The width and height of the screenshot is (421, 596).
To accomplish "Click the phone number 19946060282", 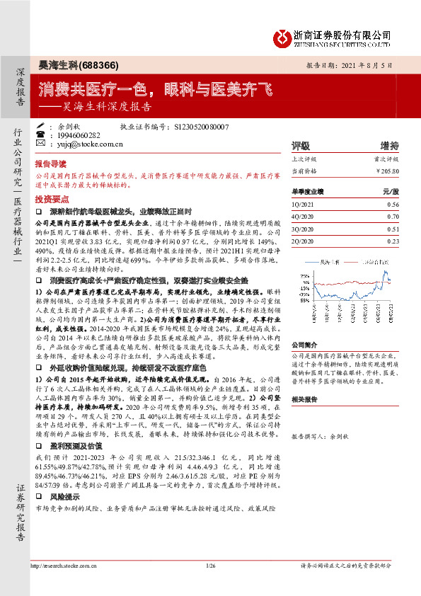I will (86, 134).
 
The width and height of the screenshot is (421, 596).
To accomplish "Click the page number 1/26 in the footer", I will (210, 565).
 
